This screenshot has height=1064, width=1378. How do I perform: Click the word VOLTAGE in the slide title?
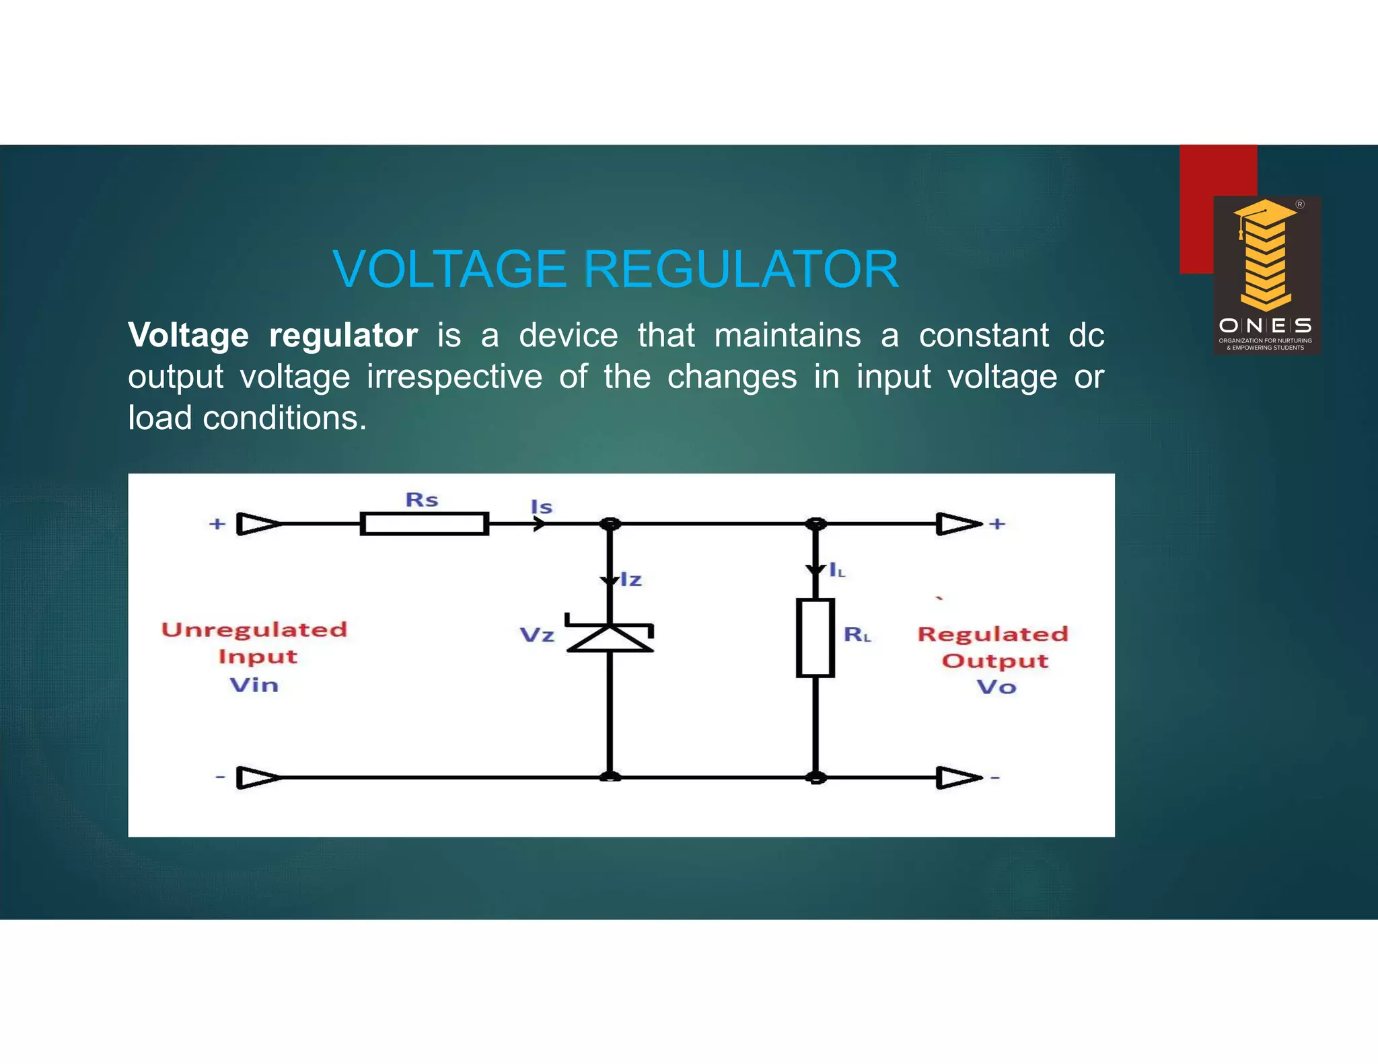click(x=449, y=270)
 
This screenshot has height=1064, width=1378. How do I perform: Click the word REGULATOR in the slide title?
click(x=741, y=270)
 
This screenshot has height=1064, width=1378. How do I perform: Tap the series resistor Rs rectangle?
click(x=424, y=523)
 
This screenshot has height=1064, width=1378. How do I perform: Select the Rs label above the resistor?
click(x=422, y=500)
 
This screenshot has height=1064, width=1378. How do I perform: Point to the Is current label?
click(x=542, y=507)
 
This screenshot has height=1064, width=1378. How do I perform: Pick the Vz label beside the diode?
click(x=537, y=635)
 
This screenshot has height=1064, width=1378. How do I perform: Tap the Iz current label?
click(x=631, y=580)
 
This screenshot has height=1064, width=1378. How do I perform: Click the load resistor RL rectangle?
click(x=815, y=638)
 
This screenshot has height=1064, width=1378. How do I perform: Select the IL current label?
click(x=837, y=571)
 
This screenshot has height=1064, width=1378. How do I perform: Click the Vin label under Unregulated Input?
click(x=254, y=685)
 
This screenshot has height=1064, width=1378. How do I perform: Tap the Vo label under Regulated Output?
click(x=996, y=687)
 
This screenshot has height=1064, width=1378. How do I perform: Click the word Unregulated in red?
click(x=254, y=630)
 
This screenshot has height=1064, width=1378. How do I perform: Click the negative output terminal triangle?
click(x=958, y=778)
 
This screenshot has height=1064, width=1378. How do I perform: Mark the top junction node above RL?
click(x=816, y=523)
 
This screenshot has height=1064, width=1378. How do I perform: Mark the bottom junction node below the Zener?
click(x=610, y=777)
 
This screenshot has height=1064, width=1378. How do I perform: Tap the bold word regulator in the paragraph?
click(x=343, y=335)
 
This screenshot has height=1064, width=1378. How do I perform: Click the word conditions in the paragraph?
click(x=285, y=418)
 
